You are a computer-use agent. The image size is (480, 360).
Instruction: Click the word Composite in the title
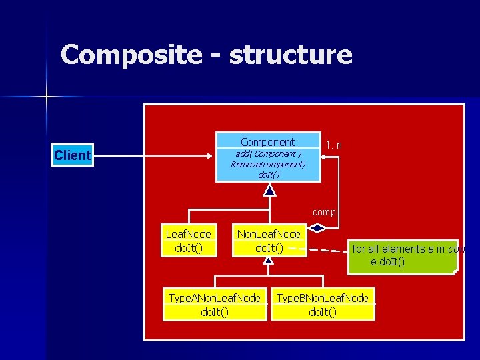(x=131, y=54)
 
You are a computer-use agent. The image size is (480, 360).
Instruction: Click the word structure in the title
(x=290, y=54)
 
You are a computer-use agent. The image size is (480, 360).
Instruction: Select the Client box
(x=72, y=155)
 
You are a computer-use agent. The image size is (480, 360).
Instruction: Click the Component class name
(x=267, y=142)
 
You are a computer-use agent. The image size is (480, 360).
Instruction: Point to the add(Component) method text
(x=268, y=153)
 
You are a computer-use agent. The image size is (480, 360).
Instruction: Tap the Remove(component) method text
(x=268, y=164)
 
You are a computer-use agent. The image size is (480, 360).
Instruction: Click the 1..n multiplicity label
(x=333, y=145)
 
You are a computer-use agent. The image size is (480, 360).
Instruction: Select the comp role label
(x=324, y=212)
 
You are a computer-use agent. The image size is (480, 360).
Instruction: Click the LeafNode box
(x=188, y=241)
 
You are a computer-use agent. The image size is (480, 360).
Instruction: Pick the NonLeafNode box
(x=269, y=241)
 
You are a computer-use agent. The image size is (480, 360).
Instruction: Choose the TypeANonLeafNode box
(x=214, y=305)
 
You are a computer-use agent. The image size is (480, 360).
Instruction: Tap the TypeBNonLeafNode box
(x=323, y=305)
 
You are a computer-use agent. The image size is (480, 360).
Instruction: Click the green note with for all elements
(x=403, y=255)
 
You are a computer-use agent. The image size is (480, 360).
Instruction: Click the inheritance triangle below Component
(x=269, y=191)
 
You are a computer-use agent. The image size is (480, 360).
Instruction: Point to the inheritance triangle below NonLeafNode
(x=268, y=261)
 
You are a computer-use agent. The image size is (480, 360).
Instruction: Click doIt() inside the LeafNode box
(x=188, y=247)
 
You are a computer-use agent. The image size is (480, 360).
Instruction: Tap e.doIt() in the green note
(x=387, y=262)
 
